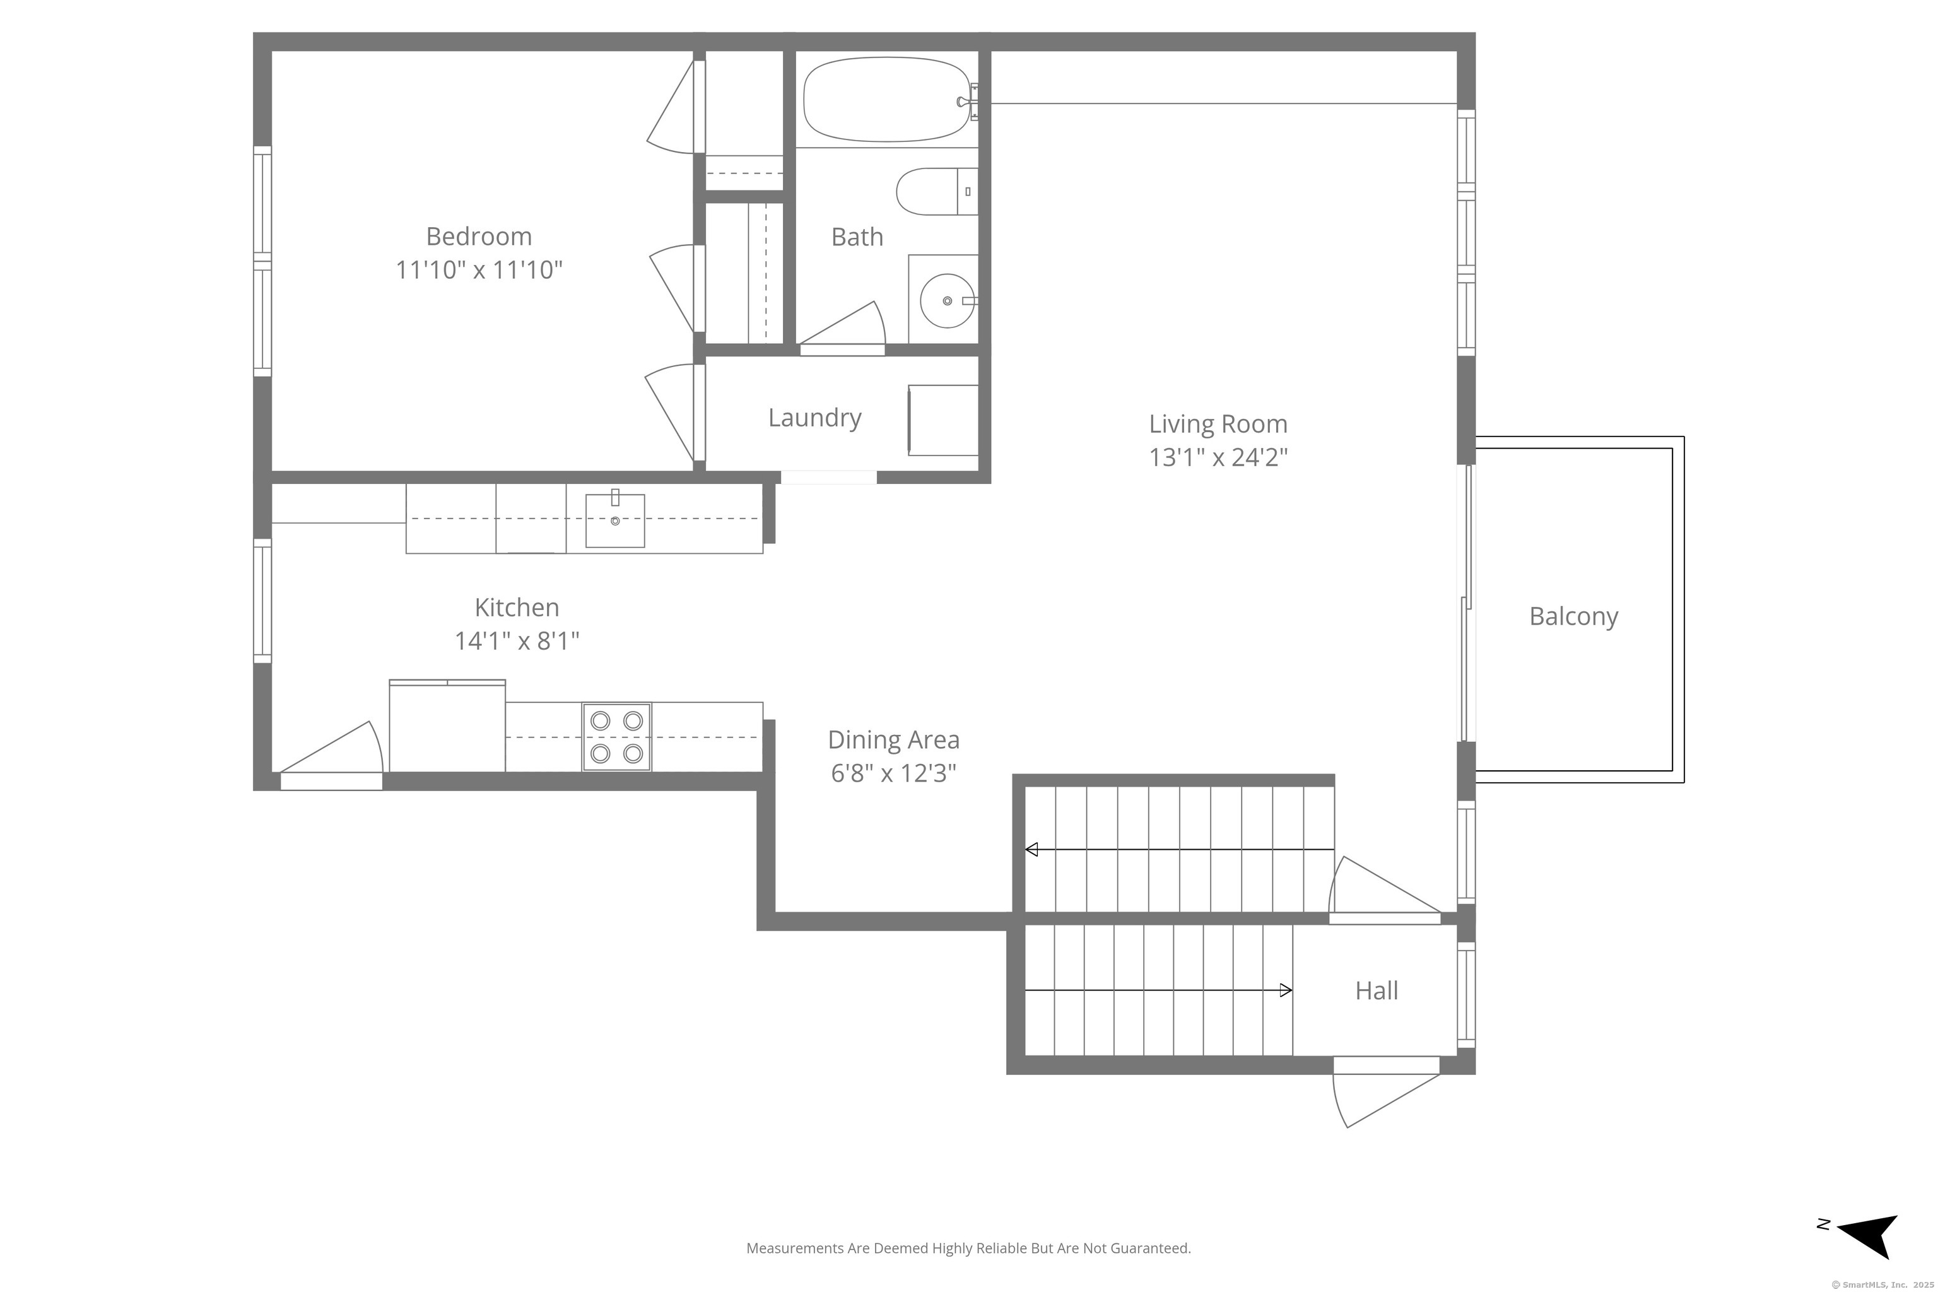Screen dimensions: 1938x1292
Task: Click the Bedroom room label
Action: click(x=479, y=237)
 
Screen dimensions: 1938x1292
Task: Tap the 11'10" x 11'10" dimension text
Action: click(x=479, y=270)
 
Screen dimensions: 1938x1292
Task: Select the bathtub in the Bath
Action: click(x=886, y=100)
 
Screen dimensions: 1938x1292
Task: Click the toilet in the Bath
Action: click(x=937, y=191)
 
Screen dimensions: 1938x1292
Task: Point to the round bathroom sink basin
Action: click(x=947, y=301)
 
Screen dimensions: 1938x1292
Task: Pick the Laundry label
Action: click(x=815, y=418)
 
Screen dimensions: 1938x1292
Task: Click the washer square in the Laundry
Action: click(x=944, y=420)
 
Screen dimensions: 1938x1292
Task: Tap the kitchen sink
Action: click(x=614, y=520)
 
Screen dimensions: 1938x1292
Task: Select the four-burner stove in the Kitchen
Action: click(x=616, y=737)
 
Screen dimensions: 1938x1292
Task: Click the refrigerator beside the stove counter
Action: click(x=447, y=726)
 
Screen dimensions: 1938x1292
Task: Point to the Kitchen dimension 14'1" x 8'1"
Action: click(x=517, y=641)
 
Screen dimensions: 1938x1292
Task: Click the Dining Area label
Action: click(x=894, y=740)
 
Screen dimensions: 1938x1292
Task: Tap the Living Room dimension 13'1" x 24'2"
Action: click(x=1218, y=457)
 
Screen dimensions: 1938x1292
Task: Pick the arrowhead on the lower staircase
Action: click(x=1286, y=990)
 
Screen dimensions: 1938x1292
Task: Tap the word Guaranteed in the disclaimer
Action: click(x=1151, y=1248)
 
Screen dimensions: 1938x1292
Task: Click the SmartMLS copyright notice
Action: click(x=1882, y=1284)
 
